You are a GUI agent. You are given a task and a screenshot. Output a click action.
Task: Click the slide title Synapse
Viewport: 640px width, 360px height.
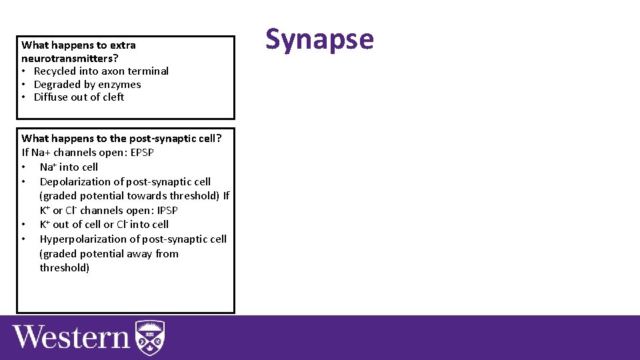click(319, 39)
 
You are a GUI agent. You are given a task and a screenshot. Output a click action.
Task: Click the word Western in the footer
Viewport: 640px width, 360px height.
click(71, 337)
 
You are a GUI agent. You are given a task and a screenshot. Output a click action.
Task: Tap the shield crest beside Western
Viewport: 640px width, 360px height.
click(150, 338)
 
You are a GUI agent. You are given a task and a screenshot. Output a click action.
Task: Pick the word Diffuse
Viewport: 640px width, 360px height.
click(52, 97)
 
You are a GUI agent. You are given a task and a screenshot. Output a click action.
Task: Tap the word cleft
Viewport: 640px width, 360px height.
click(111, 97)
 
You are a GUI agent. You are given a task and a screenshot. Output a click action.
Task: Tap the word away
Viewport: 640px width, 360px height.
click(139, 254)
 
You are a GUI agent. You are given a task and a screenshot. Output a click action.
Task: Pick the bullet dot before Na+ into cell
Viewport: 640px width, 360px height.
click(24, 167)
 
